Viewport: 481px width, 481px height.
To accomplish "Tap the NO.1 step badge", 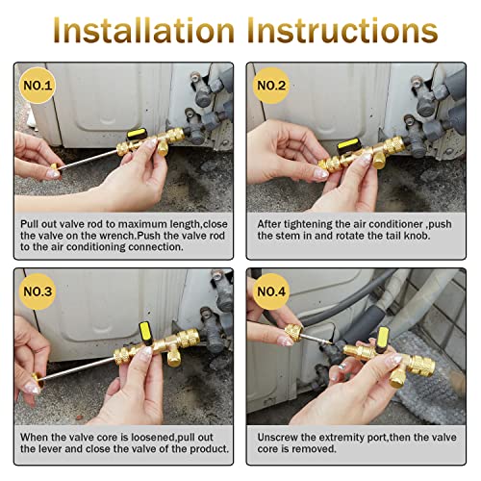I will [40, 84].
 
